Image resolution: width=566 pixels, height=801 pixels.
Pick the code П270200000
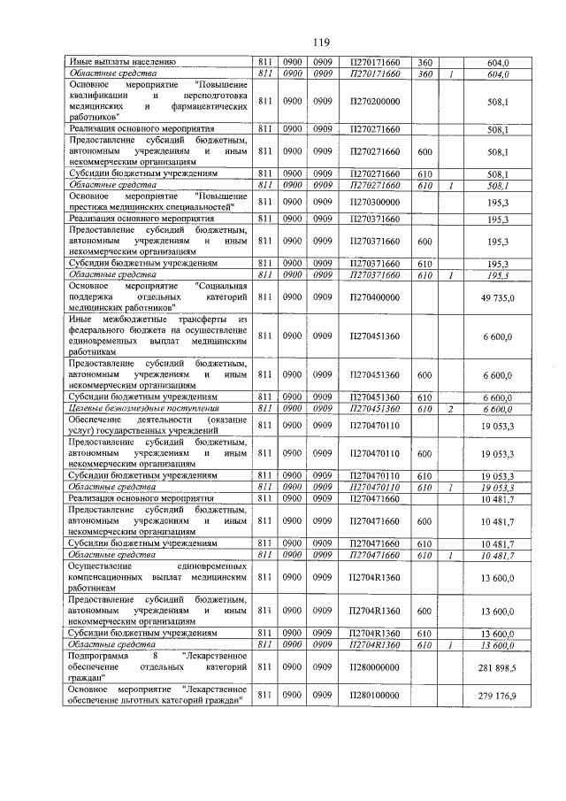375,102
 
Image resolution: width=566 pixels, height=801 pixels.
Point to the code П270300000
375,201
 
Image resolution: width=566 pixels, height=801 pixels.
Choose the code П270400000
375,298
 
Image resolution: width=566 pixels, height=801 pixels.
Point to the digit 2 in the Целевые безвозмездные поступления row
451,409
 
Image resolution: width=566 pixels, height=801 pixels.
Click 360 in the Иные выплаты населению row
424,62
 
